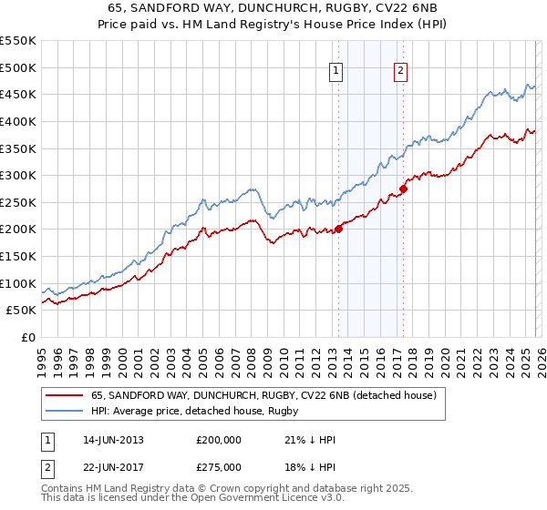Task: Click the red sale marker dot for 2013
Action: [338, 229]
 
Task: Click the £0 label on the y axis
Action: [28, 338]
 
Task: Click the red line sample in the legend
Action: [65, 395]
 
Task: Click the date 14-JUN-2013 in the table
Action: [112, 439]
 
